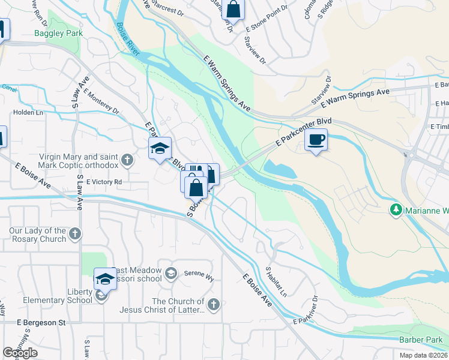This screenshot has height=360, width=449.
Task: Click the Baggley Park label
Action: [x=58, y=33]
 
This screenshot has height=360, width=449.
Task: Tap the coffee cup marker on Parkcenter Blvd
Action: [x=316, y=140]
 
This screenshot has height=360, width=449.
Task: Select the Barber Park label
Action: [x=421, y=340]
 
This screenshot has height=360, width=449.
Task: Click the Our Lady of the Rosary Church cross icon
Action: [x=74, y=233]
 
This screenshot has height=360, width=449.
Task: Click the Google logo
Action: [x=20, y=353]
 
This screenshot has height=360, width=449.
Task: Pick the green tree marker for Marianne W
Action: [x=396, y=210]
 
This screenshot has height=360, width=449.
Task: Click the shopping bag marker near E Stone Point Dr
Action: [x=235, y=10]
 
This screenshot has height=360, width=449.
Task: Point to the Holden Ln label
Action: [x=28, y=112]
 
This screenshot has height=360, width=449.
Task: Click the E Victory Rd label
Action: [x=104, y=181]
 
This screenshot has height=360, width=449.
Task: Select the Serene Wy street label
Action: [x=198, y=271]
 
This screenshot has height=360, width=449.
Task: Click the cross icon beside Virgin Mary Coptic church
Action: [x=126, y=160]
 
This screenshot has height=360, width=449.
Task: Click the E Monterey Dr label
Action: [x=102, y=101]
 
